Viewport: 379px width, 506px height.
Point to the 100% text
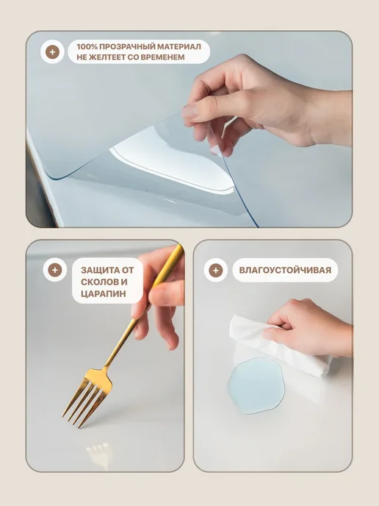tap(87, 46)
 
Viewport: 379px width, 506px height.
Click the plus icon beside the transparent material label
tap(52, 51)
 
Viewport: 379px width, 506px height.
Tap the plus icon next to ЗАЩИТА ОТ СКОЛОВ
tap(55, 270)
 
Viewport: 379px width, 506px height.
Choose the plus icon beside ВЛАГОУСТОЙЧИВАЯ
tap(216, 270)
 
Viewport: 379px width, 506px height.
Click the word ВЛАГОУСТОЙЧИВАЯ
tap(285, 270)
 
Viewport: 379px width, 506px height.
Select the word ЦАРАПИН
tap(104, 294)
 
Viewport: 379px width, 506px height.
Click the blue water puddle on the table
tap(256, 385)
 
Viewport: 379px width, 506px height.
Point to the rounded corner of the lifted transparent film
tap(57, 177)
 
